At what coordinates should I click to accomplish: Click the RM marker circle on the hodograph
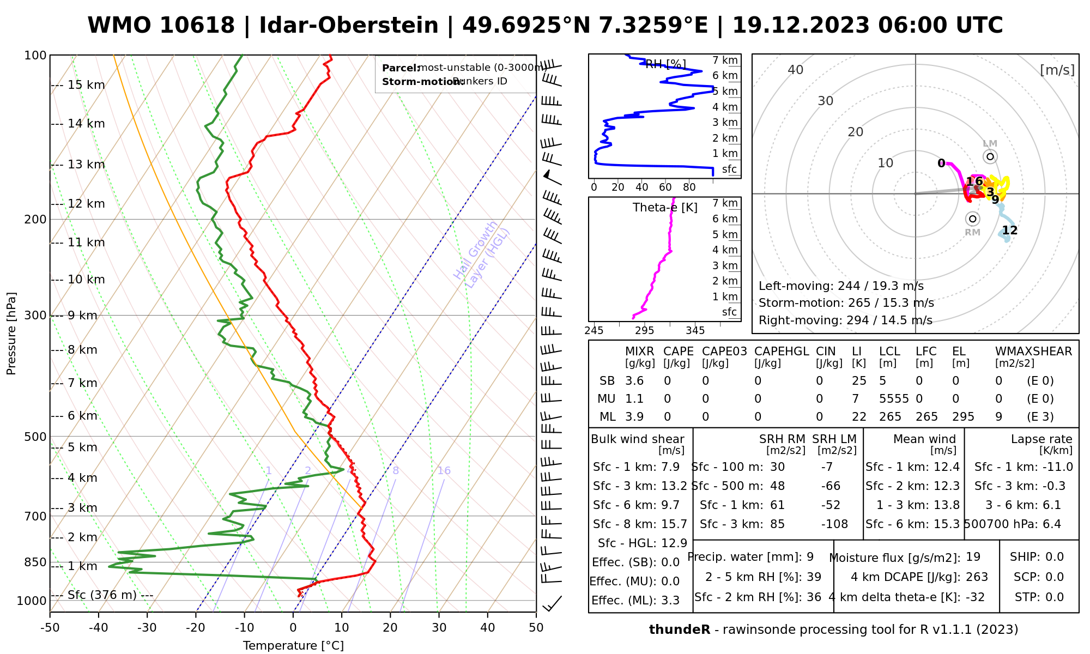[x=972, y=219]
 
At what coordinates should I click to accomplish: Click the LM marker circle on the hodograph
[x=990, y=157]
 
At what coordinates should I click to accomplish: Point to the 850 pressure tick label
[x=35, y=562]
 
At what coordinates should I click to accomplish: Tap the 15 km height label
[x=86, y=85]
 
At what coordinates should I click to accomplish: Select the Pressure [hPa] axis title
[x=11, y=334]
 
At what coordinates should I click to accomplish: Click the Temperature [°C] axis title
[x=293, y=646]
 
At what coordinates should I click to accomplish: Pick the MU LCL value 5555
[x=894, y=399]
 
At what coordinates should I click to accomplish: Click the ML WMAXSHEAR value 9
[x=998, y=417]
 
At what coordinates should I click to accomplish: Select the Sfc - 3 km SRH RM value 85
[x=778, y=524]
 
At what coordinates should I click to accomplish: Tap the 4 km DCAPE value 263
[x=977, y=577]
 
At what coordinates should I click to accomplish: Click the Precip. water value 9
[x=810, y=557]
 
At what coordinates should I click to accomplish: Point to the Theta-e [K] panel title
[x=665, y=208]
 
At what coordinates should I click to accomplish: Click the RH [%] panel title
[x=665, y=64]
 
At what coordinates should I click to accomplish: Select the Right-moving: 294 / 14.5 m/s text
[x=845, y=320]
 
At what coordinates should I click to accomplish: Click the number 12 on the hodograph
[x=1009, y=231]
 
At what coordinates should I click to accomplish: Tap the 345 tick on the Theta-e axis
[x=695, y=331]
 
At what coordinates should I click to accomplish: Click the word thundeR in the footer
[x=680, y=630]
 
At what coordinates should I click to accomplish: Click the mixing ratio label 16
[x=444, y=471]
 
